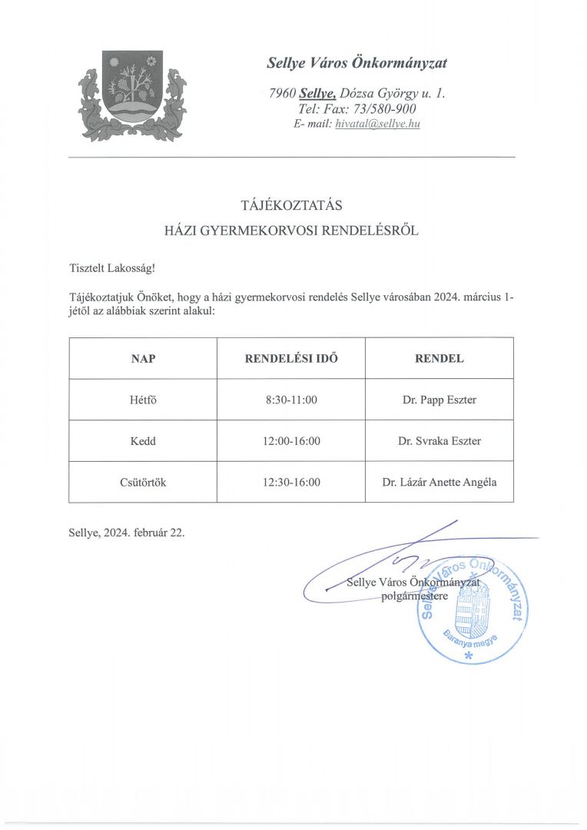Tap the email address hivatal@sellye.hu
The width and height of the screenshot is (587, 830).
[377, 124]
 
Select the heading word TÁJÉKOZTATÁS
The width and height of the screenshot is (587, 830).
[291, 205]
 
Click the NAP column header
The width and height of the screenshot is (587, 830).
[143, 358]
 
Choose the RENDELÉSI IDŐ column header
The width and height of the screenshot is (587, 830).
[291, 358]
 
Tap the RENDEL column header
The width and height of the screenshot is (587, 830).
[439, 358]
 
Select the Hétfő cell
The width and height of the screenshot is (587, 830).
[143, 400]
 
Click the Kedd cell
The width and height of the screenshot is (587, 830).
[143, 441]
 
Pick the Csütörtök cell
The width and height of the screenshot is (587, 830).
[143, 483]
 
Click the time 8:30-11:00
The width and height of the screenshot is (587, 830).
[291, 400]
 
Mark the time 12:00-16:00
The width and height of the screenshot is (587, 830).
[291, 441]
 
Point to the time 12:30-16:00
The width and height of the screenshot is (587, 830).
[291, 483]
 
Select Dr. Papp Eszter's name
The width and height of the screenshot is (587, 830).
[439, 400]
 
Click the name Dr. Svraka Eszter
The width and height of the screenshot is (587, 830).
[439, 441]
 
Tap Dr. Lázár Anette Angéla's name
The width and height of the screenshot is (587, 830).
[439, 483]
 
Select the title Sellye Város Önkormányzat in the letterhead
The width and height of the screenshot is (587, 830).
[357, 63]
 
